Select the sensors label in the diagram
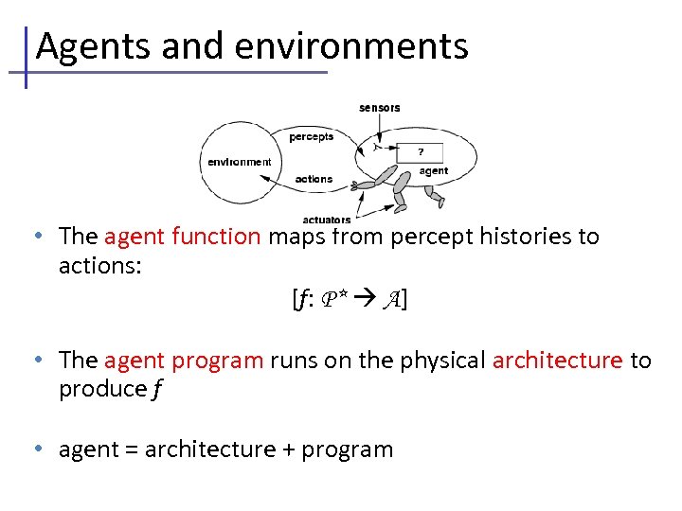[379, 108]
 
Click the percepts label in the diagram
[312, 136]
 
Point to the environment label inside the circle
[239, 162]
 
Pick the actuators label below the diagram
[326, 220]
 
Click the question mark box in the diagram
[421, 151]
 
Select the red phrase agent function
[182, 236]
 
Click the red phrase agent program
[184, 361]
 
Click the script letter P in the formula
[332, 300]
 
